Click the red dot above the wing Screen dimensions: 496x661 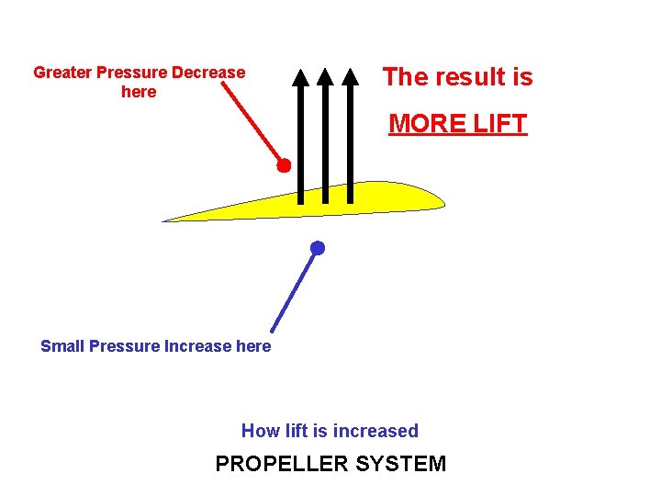[x=285, y=166]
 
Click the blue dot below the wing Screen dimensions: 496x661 [x=317, y=248]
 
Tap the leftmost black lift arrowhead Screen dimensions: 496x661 [x=300, y=76]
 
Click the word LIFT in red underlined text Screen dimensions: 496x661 [x=499, y=123]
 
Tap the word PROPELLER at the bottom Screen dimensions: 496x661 [x=281, y=464]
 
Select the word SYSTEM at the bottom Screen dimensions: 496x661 [x=400, y=464]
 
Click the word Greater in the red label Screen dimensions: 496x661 [x=62, y=73]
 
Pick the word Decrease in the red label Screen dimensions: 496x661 [x=209, y=73]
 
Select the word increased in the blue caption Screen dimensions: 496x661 [x=375, y=431]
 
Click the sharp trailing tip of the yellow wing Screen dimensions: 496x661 [x=166, y=220]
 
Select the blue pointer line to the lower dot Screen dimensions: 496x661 [x=294, y=290]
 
